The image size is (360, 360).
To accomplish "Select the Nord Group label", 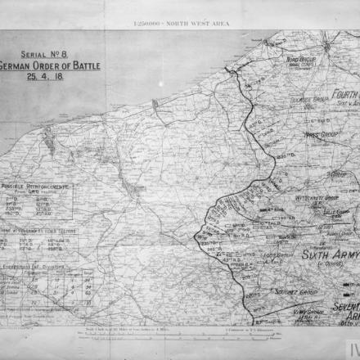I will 300,60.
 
